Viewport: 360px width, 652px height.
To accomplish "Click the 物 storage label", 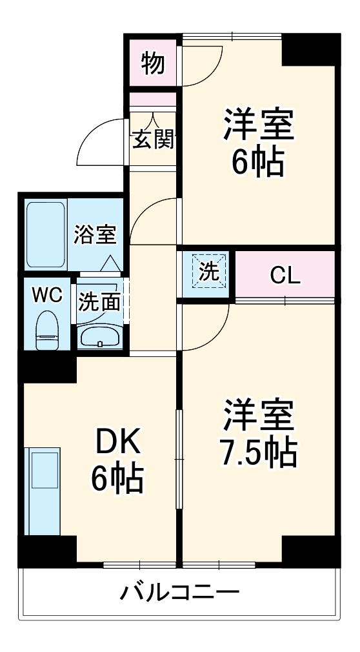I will tap(152, 63).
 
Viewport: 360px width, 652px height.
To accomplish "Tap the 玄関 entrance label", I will tap(154, 139).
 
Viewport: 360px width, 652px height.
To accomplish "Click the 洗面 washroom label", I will tap(100, 301).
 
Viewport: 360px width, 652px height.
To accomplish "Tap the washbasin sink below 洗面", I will tap(100, 336).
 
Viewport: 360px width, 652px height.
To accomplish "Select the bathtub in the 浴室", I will tap(46, 235).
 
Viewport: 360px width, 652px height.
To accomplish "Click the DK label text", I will tap(117, 445).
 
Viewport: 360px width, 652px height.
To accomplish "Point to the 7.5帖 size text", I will tap(256, 453).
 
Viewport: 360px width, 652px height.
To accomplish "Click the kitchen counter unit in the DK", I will tap(43, 491).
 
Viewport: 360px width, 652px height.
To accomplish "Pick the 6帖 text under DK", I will tap(117, 478).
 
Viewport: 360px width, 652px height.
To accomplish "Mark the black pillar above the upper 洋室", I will tap(310, 48).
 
